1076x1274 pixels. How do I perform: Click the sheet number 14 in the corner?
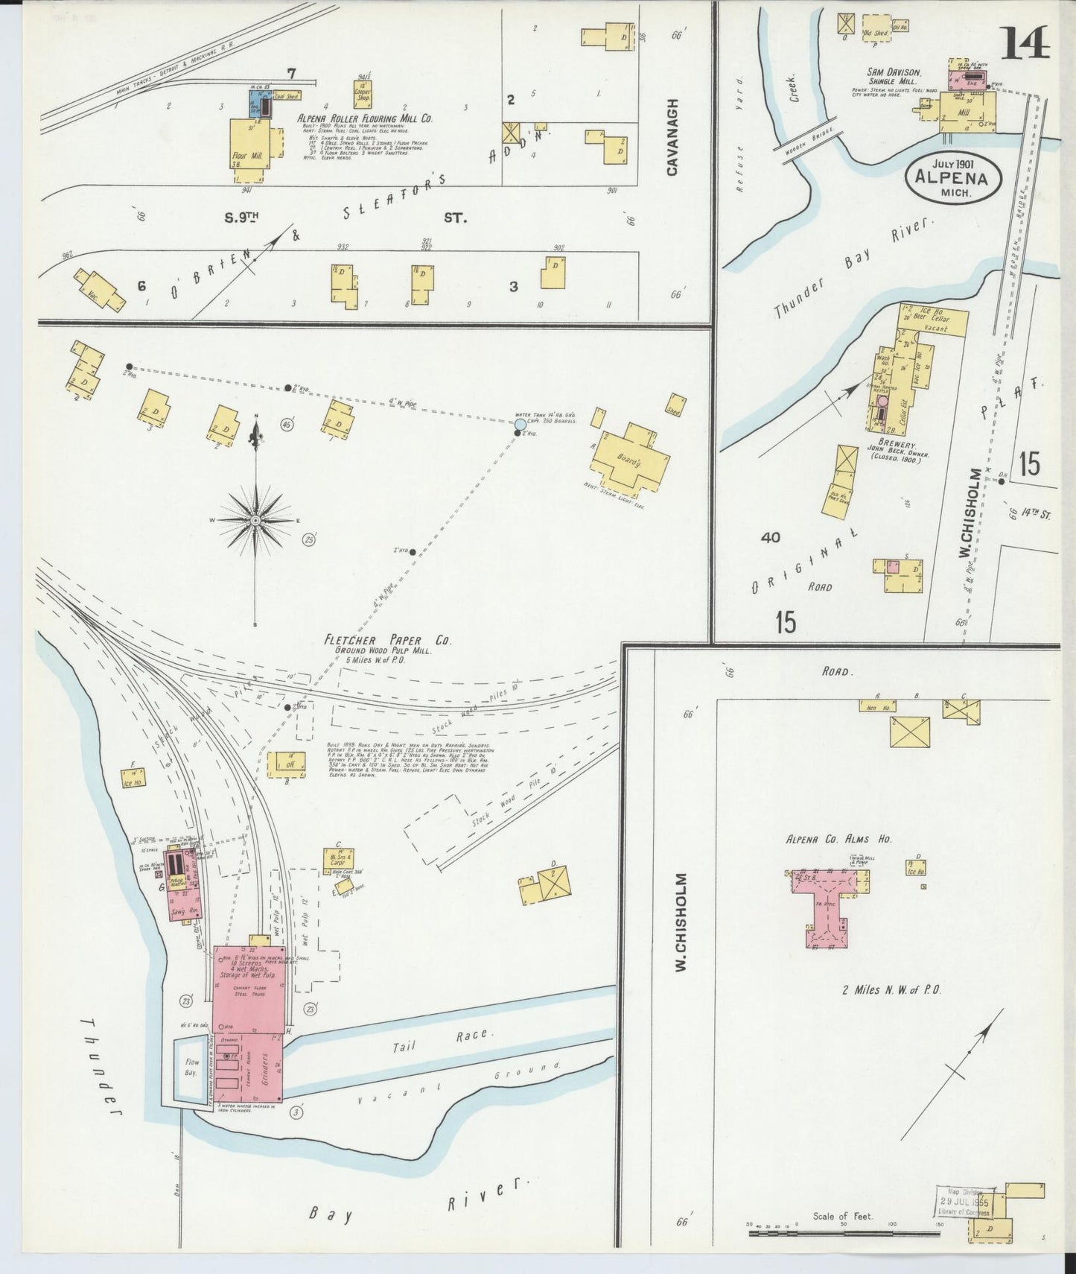[1025, 42]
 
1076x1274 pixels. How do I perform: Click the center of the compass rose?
[256, 519]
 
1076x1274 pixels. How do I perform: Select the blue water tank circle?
[520, 425]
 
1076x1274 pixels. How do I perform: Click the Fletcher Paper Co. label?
[387, 640]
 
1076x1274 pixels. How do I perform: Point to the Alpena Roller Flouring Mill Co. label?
[364, 118]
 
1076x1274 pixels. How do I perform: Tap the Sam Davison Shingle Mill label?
[893, 77]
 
